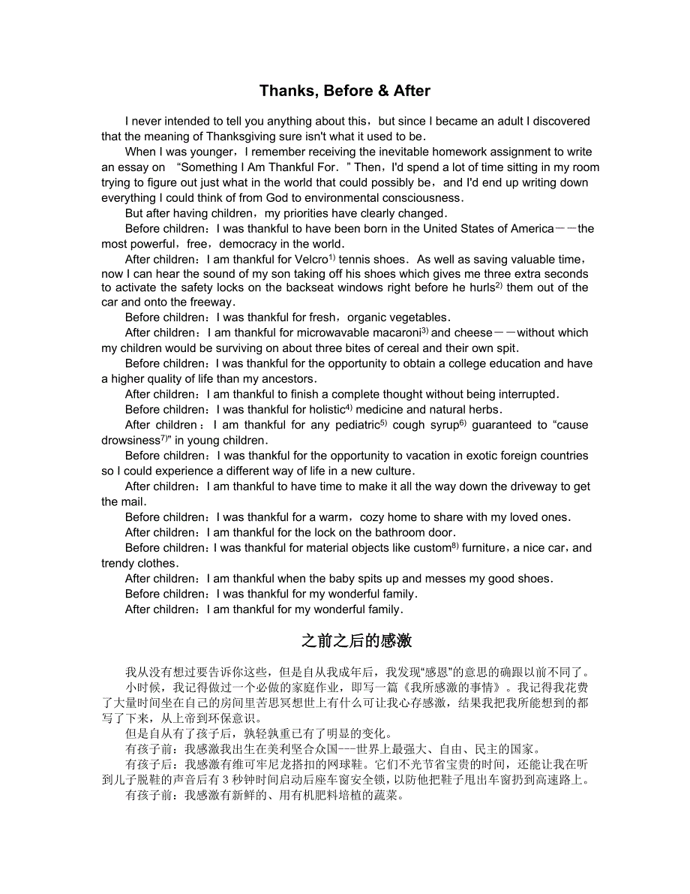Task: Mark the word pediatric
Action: (352, 426)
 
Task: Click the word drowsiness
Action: (131, 441)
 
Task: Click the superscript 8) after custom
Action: (455, 546)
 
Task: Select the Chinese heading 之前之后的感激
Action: (356, 641)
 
